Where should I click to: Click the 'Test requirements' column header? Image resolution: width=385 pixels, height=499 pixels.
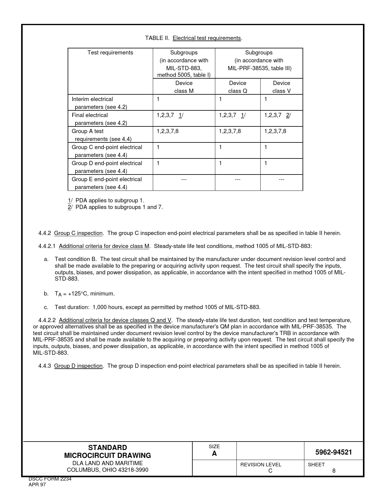click(x=110, y=53)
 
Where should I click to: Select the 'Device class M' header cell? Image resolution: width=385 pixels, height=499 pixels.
click(x=184, y=87)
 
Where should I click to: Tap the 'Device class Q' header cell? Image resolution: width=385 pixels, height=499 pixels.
click(x=238, y=87)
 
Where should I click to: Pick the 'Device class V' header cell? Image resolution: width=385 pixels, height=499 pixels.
click(x=281, y=87)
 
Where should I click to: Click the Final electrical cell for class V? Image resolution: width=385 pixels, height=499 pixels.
click(x=278, y=115)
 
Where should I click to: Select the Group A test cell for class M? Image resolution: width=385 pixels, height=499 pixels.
click(x=168, y=131)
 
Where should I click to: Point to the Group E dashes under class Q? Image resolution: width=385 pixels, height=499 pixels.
click(x=238, y=180)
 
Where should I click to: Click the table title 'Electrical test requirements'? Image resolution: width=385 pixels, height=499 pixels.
click(x=207, y=38)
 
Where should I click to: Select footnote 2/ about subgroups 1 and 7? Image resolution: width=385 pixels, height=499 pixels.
click(x=115, y=207)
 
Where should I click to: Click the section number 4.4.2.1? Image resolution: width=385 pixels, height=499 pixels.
click(x=47, y=246)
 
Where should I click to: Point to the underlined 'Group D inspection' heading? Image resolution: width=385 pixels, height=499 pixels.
click(x=79, y=366)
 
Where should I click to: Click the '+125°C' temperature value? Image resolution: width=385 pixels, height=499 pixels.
click(x=78, y=294)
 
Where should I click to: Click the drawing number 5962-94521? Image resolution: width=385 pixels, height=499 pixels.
click(x=334, y=452)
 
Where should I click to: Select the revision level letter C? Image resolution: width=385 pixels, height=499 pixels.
click(x=270, y=471)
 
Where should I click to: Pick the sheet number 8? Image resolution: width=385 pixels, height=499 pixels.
click(x=334, y=471)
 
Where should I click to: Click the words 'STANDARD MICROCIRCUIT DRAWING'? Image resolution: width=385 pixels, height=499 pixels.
click(x=107, y=452)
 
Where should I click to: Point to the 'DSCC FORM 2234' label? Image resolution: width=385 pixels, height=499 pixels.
click(x=50, y=479)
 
